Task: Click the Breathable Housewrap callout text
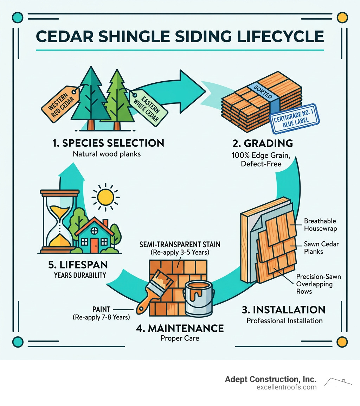pyautogui.click(x=320, y=224)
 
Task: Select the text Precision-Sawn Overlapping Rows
pyautogui.click(x=318, y=284)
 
